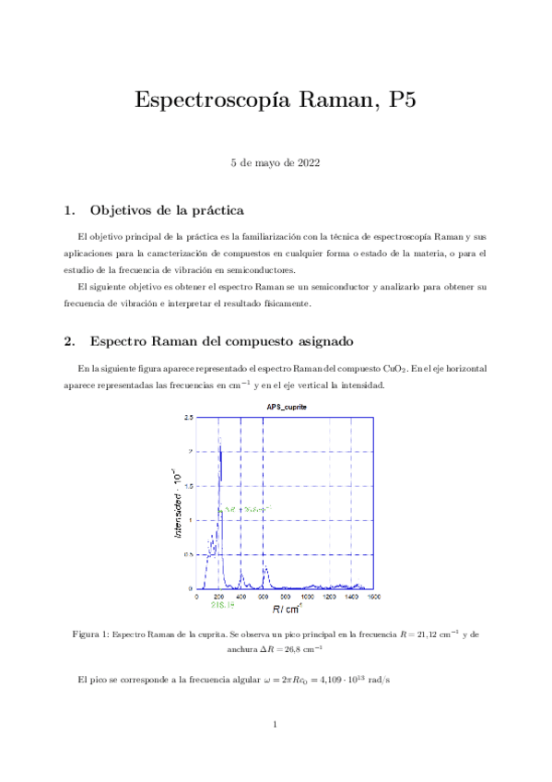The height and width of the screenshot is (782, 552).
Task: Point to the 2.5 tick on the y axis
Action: (188, 418)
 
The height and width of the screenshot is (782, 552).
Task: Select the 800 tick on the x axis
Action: (285, 597)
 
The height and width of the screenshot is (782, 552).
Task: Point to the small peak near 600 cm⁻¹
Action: (264, 569)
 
